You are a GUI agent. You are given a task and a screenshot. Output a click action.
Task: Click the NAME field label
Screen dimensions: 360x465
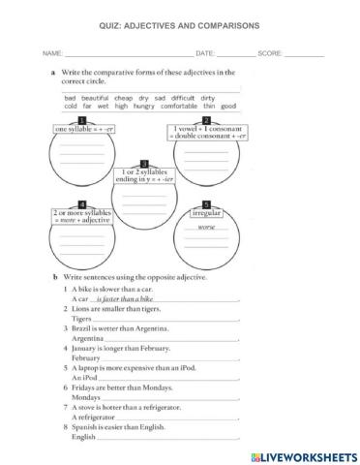[x=52, y=52]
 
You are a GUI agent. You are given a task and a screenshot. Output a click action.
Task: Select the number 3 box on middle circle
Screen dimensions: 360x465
[x=144, y=164]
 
